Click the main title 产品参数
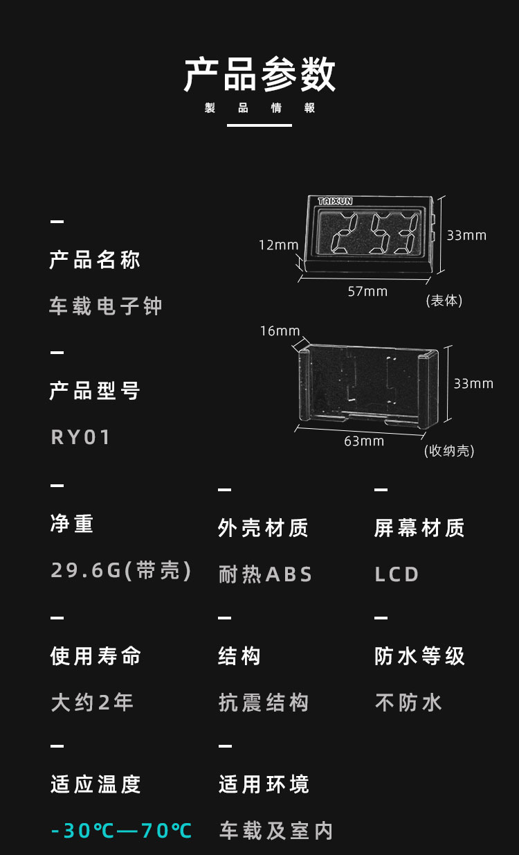coord(259,75)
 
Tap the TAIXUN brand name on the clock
coord(335,201)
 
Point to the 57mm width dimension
coord(367,292)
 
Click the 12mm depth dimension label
coord(278,245)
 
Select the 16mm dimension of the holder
coord(280,331)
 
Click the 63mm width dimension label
coord(364,441)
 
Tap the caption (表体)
coord(444,301)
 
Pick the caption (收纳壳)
coord(449,451)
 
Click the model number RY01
coord(81,437)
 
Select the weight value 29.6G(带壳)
coord(121,570)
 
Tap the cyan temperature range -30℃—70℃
coord(121,830)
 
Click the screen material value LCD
coord(397,574)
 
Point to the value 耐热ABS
coord(266,574)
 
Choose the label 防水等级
coord(419,656)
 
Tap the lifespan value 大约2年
coord(92,703)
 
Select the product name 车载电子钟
coord(105,306)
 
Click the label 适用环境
coord(264,784)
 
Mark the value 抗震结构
coord(264,703)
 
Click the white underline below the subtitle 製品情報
coord(259,125)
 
